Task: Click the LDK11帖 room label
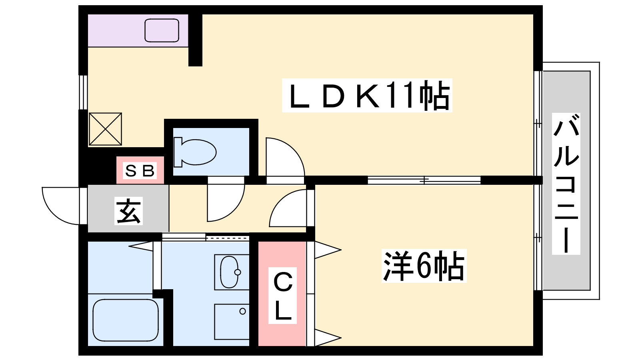(367, 95)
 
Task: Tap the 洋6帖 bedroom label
(424, 266)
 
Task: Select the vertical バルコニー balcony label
(566, 184)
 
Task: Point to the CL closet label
(282, 296)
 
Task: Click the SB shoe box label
(140, 171)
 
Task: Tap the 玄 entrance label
(128, 211)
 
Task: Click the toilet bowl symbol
(195, 152)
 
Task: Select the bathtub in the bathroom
(126, 320)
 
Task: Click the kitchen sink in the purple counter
(162, 30)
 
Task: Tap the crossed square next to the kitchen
(105, 129)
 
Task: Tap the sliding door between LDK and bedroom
(424, 180)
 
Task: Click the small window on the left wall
(83, 92)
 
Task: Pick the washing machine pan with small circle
(232, 322)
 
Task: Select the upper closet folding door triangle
(328, 250)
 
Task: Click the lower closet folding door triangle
(328, 338)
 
